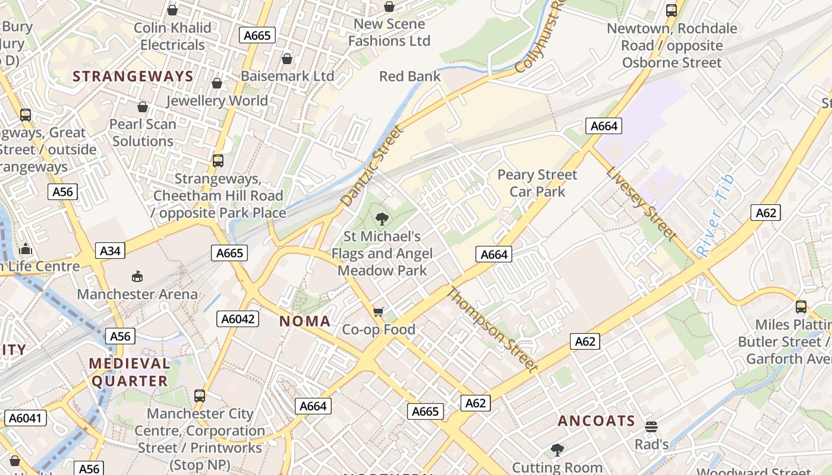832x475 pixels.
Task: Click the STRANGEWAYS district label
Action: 133,77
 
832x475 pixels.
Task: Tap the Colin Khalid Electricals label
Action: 172,36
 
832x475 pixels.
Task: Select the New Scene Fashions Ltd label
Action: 389,33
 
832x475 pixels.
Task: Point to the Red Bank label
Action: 410,77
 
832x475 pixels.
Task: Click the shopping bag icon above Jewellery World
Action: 217,83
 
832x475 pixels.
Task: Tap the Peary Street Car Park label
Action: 537,183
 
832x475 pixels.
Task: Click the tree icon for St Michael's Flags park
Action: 382,219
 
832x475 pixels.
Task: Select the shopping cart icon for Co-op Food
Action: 379,312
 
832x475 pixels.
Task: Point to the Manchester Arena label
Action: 137,294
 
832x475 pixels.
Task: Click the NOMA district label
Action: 305,322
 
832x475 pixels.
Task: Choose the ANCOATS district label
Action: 597,422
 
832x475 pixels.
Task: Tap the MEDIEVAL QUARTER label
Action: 130,372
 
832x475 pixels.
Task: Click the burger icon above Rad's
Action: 651,426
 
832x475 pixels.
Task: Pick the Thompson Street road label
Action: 492,330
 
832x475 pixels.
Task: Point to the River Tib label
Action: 716,215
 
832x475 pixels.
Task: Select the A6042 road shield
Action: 238,319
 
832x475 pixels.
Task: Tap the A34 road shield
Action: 110,251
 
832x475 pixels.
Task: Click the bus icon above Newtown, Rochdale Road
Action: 672,10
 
